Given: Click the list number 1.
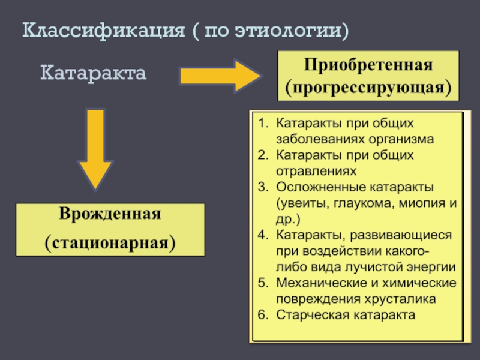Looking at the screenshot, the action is [x=262, y=124].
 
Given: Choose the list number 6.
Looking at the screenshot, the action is [x=262, y=314].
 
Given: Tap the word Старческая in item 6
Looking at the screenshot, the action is [x=308, y=314].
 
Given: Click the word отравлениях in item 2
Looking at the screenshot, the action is [x=311, y=171].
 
